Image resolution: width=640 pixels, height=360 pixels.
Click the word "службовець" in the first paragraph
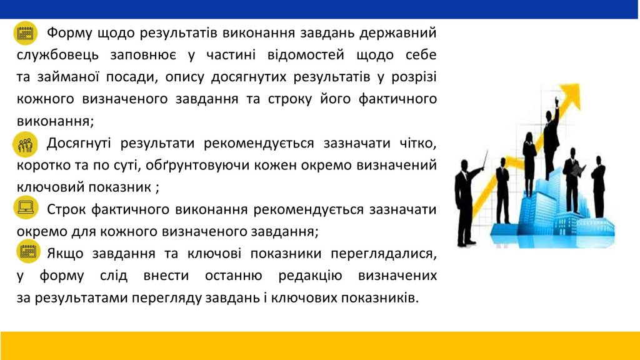point(57,55)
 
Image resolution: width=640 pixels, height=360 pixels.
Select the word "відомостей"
point(306,55)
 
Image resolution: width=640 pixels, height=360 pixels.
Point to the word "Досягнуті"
point(78,143)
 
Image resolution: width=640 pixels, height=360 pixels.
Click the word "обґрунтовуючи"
point(197,165)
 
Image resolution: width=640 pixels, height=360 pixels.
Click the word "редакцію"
point(310,276)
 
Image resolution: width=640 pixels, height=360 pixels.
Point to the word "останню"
point(234,276)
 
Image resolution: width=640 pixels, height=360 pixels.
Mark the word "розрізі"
point(414,77)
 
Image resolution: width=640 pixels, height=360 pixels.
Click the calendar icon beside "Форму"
point(25,33)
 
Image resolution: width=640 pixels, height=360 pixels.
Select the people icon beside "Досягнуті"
point(25,144)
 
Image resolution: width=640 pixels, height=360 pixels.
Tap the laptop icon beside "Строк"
point(26,207)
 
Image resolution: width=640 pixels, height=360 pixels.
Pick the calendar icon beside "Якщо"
point(28,251)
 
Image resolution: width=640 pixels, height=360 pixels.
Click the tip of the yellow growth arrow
point(579,84)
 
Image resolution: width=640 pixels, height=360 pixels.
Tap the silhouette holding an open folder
point(572,179)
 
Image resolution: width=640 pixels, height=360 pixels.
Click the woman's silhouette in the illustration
point(529,163)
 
